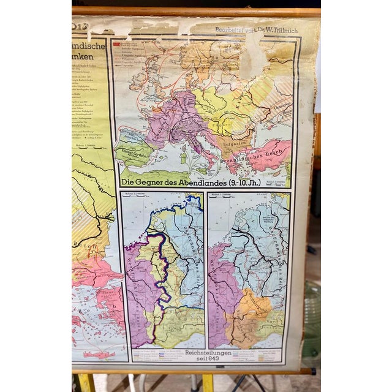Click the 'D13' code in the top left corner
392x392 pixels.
coord(78,24)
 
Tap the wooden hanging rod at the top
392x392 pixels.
coord(196,12)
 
